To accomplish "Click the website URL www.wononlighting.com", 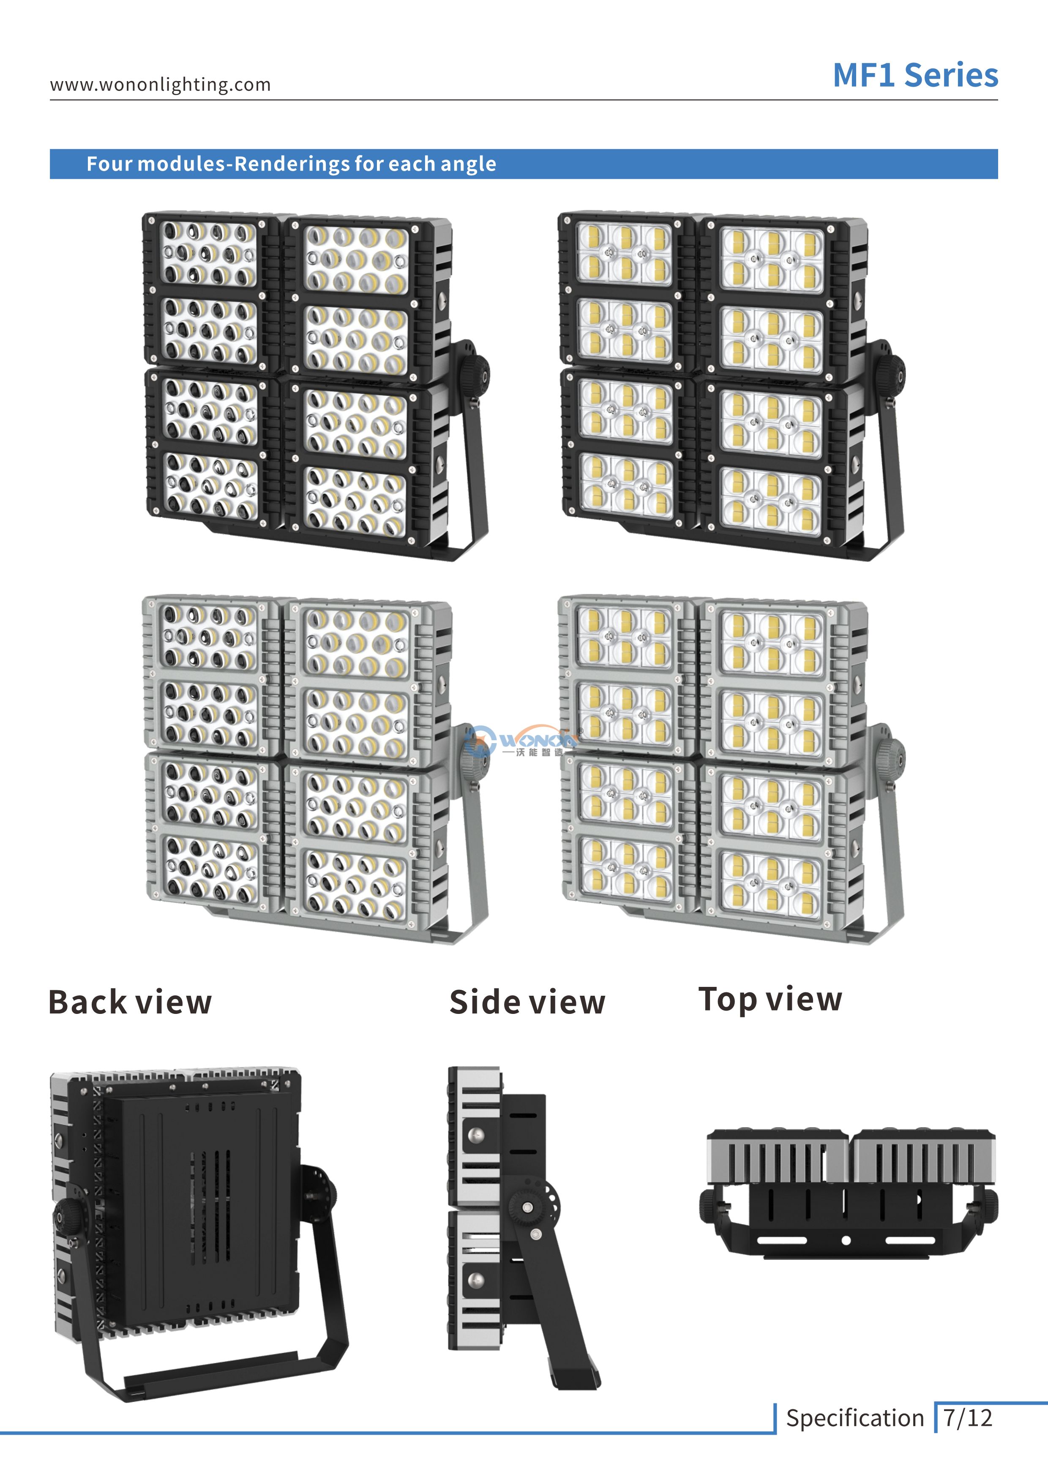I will tap(160, 84).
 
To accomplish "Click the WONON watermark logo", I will tap(523, 742).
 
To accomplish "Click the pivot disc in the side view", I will tap(529, 1207).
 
